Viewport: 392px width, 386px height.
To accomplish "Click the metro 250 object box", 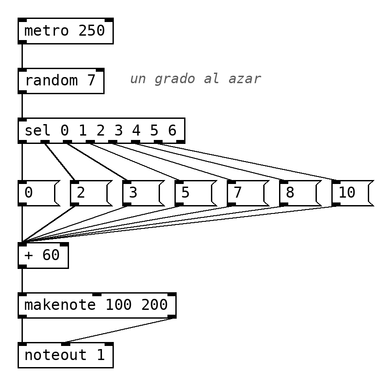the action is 65,31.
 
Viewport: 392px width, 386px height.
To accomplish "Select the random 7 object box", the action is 61,81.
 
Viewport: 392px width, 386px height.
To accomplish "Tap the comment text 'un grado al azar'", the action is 196,79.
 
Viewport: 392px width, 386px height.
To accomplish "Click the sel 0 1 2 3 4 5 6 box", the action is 102,131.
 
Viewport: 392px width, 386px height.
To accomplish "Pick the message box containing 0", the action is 39,193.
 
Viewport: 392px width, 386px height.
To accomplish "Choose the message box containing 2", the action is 91,193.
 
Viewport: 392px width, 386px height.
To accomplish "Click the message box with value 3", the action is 143,193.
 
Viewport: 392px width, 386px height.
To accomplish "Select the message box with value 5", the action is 196,193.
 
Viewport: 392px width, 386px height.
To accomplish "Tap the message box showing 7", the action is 248,193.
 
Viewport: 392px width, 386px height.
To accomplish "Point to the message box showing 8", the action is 300,193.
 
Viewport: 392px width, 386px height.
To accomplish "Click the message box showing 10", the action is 352,193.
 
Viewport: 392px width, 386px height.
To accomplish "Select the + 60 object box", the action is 43,256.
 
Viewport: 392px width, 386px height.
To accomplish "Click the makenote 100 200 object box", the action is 97,305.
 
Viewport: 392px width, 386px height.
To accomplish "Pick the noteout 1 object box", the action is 65,355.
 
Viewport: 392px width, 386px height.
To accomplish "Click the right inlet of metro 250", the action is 109,20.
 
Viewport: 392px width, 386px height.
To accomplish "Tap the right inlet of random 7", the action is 100,70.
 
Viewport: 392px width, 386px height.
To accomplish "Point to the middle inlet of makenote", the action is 97,294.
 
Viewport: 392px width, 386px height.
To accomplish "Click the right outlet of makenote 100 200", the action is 172,316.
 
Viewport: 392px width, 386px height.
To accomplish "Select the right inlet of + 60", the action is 64,244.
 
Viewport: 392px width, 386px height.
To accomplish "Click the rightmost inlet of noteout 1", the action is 109,344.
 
